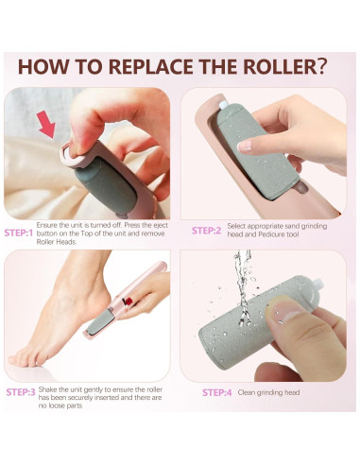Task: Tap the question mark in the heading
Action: tap(320, 66)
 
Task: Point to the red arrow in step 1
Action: tap(46, 125)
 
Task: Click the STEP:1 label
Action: tap(19, 233)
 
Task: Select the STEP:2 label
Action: tap(207, 231)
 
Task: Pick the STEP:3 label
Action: tap(21, 392)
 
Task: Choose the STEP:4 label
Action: tap(217, 392)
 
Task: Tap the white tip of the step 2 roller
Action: tap(223, 104)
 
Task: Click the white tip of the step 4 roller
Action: tap(318, 283)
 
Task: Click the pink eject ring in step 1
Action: tap(73, 154)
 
